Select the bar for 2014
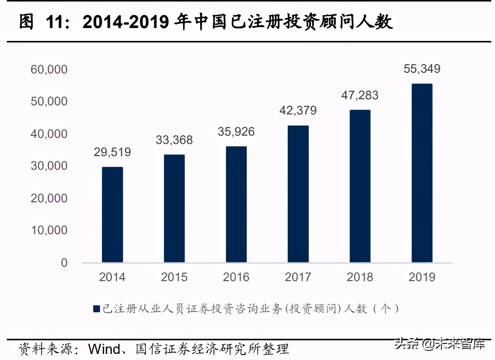click(x=112, y=214)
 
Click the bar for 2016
click(x=236, y=204)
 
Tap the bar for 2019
click(x=422, y=173)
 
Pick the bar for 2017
click(x=298, y=194)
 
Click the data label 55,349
click(x=422, y=69)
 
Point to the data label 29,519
click(x=112, y=152)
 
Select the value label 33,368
click(x=174, y=140)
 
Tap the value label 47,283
click(x=360, y=95)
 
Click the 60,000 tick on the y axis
click(x=49, y=69)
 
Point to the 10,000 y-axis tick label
click(x=49, y=230)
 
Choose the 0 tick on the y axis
click(x=64, y=263)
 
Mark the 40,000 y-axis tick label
click(x=49, y=134)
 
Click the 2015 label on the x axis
click(x=174, y=277)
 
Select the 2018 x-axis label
click(x=360, y=277)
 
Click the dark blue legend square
click(x=97, y=309)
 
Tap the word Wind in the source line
click(x=105, y=349)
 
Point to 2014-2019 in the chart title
click(x=125, y=22)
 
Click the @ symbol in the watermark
click(x=428, y=344)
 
